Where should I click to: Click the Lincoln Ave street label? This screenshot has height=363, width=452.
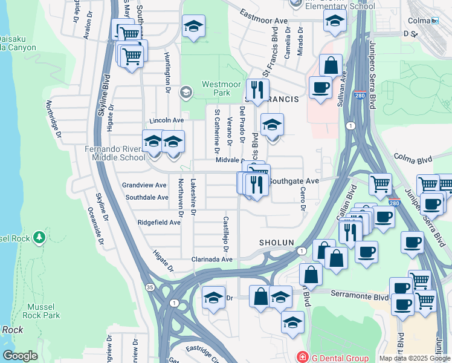pyautogui.click(x=166, y=120)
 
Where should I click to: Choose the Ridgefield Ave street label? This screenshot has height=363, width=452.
pyautogui.click(x=160, y=223)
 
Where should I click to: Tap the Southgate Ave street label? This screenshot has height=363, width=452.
pyautogui.click(x=293, y=181)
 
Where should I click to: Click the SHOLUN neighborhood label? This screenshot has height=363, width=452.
pyautogui.click(x=276, y=242)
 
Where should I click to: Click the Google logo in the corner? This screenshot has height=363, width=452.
pyautogui.click(x=20, y=356)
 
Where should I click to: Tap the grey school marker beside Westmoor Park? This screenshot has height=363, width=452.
pyautogui.click(x=186, y=93)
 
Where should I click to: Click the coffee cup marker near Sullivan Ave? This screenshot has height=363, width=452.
pyautogui.click(x=320, y=87)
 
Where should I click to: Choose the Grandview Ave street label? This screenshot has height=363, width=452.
pyautogui.click(x=144, y=185)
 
